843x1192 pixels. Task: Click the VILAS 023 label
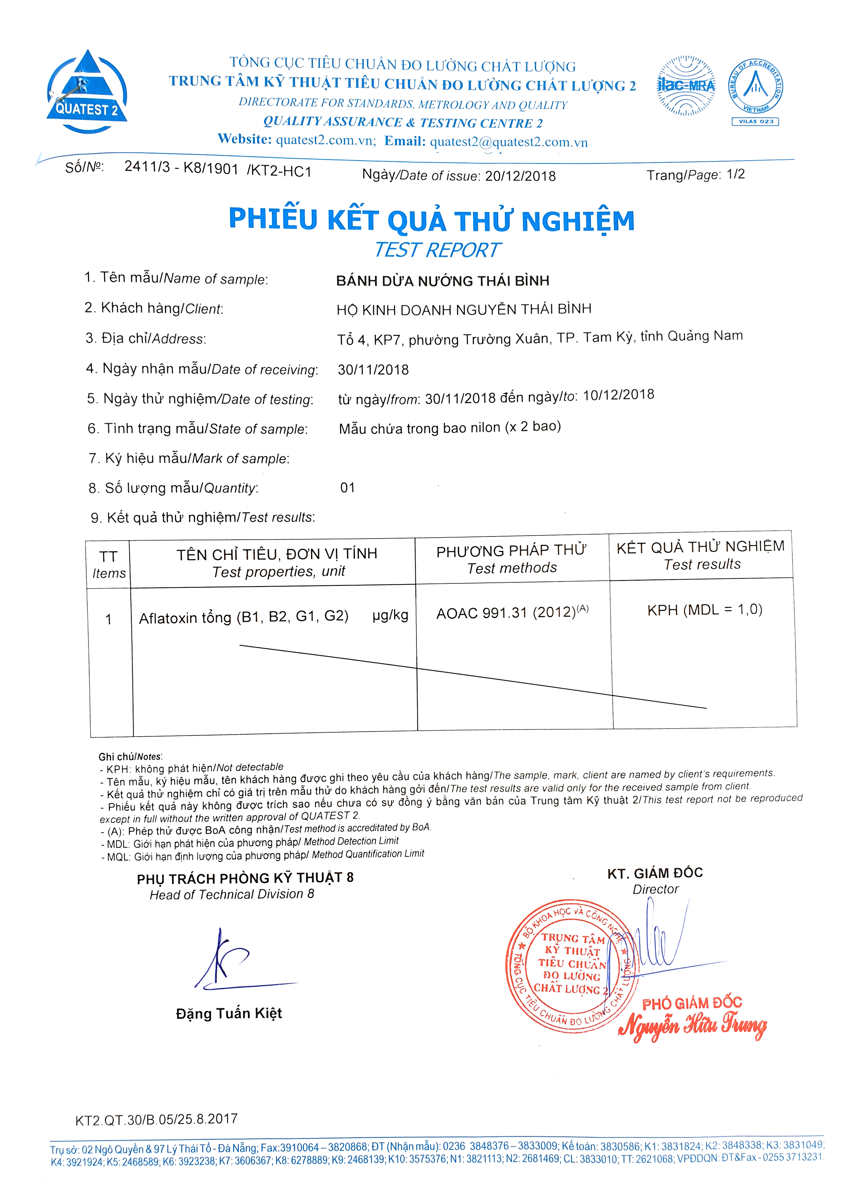pos(755,122)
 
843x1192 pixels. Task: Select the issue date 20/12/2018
pos(520,176)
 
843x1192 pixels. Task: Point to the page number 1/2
pos(736,174)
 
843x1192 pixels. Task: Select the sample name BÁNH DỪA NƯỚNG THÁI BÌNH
pos(443,281)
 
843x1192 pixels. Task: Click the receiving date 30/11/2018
pos(373,370)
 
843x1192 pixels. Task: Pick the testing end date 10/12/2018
pos(618,395)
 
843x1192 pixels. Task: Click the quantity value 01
pos(347,488)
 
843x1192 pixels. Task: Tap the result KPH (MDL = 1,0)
pos(704,610)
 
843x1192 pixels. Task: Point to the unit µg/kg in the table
pos(390,616)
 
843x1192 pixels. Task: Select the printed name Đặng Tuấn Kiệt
pos(228,1013)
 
